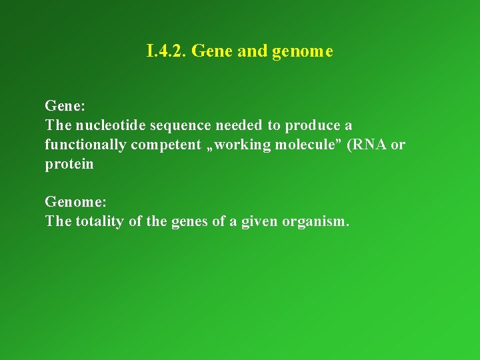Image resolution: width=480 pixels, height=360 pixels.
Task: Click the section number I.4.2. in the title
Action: (x=167, y=51)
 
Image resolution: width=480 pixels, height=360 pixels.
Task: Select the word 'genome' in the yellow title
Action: (x=303, y=52)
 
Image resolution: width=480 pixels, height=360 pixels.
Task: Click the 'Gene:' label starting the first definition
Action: (x=64, y=106)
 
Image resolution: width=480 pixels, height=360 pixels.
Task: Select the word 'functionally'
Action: (x=85, y=145)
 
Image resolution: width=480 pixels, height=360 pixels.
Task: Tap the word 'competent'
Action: (x=166, y=145)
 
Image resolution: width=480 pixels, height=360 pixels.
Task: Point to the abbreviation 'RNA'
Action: (x=369, y=145)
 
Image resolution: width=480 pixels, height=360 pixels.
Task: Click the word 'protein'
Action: (x=69, y=165)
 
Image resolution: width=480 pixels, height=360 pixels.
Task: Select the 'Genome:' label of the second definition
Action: (x=71, y=202)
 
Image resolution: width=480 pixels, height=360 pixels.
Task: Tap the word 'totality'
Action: (x=99, y=221)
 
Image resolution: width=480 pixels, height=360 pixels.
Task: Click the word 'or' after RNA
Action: (x=398, y=145)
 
